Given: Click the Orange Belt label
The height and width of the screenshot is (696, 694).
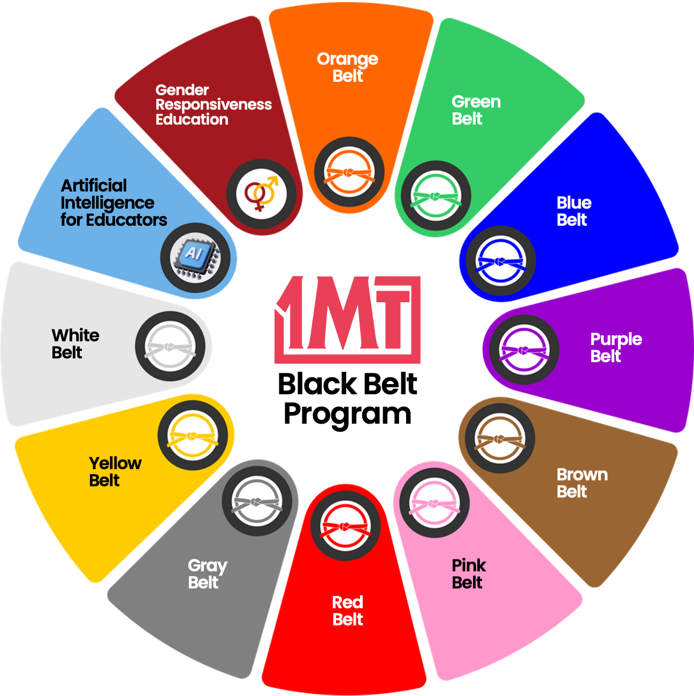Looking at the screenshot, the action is click(347, 67).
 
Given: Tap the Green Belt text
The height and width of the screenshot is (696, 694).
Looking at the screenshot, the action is click(476, 110).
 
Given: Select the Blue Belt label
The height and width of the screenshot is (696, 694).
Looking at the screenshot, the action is click(574, 211).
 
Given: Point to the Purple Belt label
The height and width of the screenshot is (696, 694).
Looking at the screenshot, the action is click(616, 347).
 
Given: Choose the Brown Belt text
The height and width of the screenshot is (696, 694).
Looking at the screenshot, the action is click(582, 483).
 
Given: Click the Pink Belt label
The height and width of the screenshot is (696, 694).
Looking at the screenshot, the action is click(469, 574).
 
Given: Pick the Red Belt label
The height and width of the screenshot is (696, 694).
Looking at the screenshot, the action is click(348, 611).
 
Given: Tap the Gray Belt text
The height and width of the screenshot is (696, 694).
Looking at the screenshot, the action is click(208, 574).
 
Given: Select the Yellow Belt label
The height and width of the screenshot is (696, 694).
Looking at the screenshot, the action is click(115, 472).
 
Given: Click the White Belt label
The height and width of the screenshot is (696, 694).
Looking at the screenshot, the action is click(75, 344).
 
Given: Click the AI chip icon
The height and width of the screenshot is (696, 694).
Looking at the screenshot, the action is click(195, 258).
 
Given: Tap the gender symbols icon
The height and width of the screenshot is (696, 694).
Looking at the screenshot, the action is click(261, 194).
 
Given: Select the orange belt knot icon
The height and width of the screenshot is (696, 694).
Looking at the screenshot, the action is click(349, 172).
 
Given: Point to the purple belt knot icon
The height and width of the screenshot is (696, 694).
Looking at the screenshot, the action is click(524, 350).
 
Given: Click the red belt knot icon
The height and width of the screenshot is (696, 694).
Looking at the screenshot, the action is click(345, 526).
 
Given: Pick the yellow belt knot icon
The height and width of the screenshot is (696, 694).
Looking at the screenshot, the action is click(193, 435).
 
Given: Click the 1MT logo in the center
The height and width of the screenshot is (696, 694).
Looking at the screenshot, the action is click(347, 320).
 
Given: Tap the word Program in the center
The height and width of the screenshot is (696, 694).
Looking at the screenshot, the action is click(347, 415).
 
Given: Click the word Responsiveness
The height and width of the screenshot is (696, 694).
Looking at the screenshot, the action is click(213, 105).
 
